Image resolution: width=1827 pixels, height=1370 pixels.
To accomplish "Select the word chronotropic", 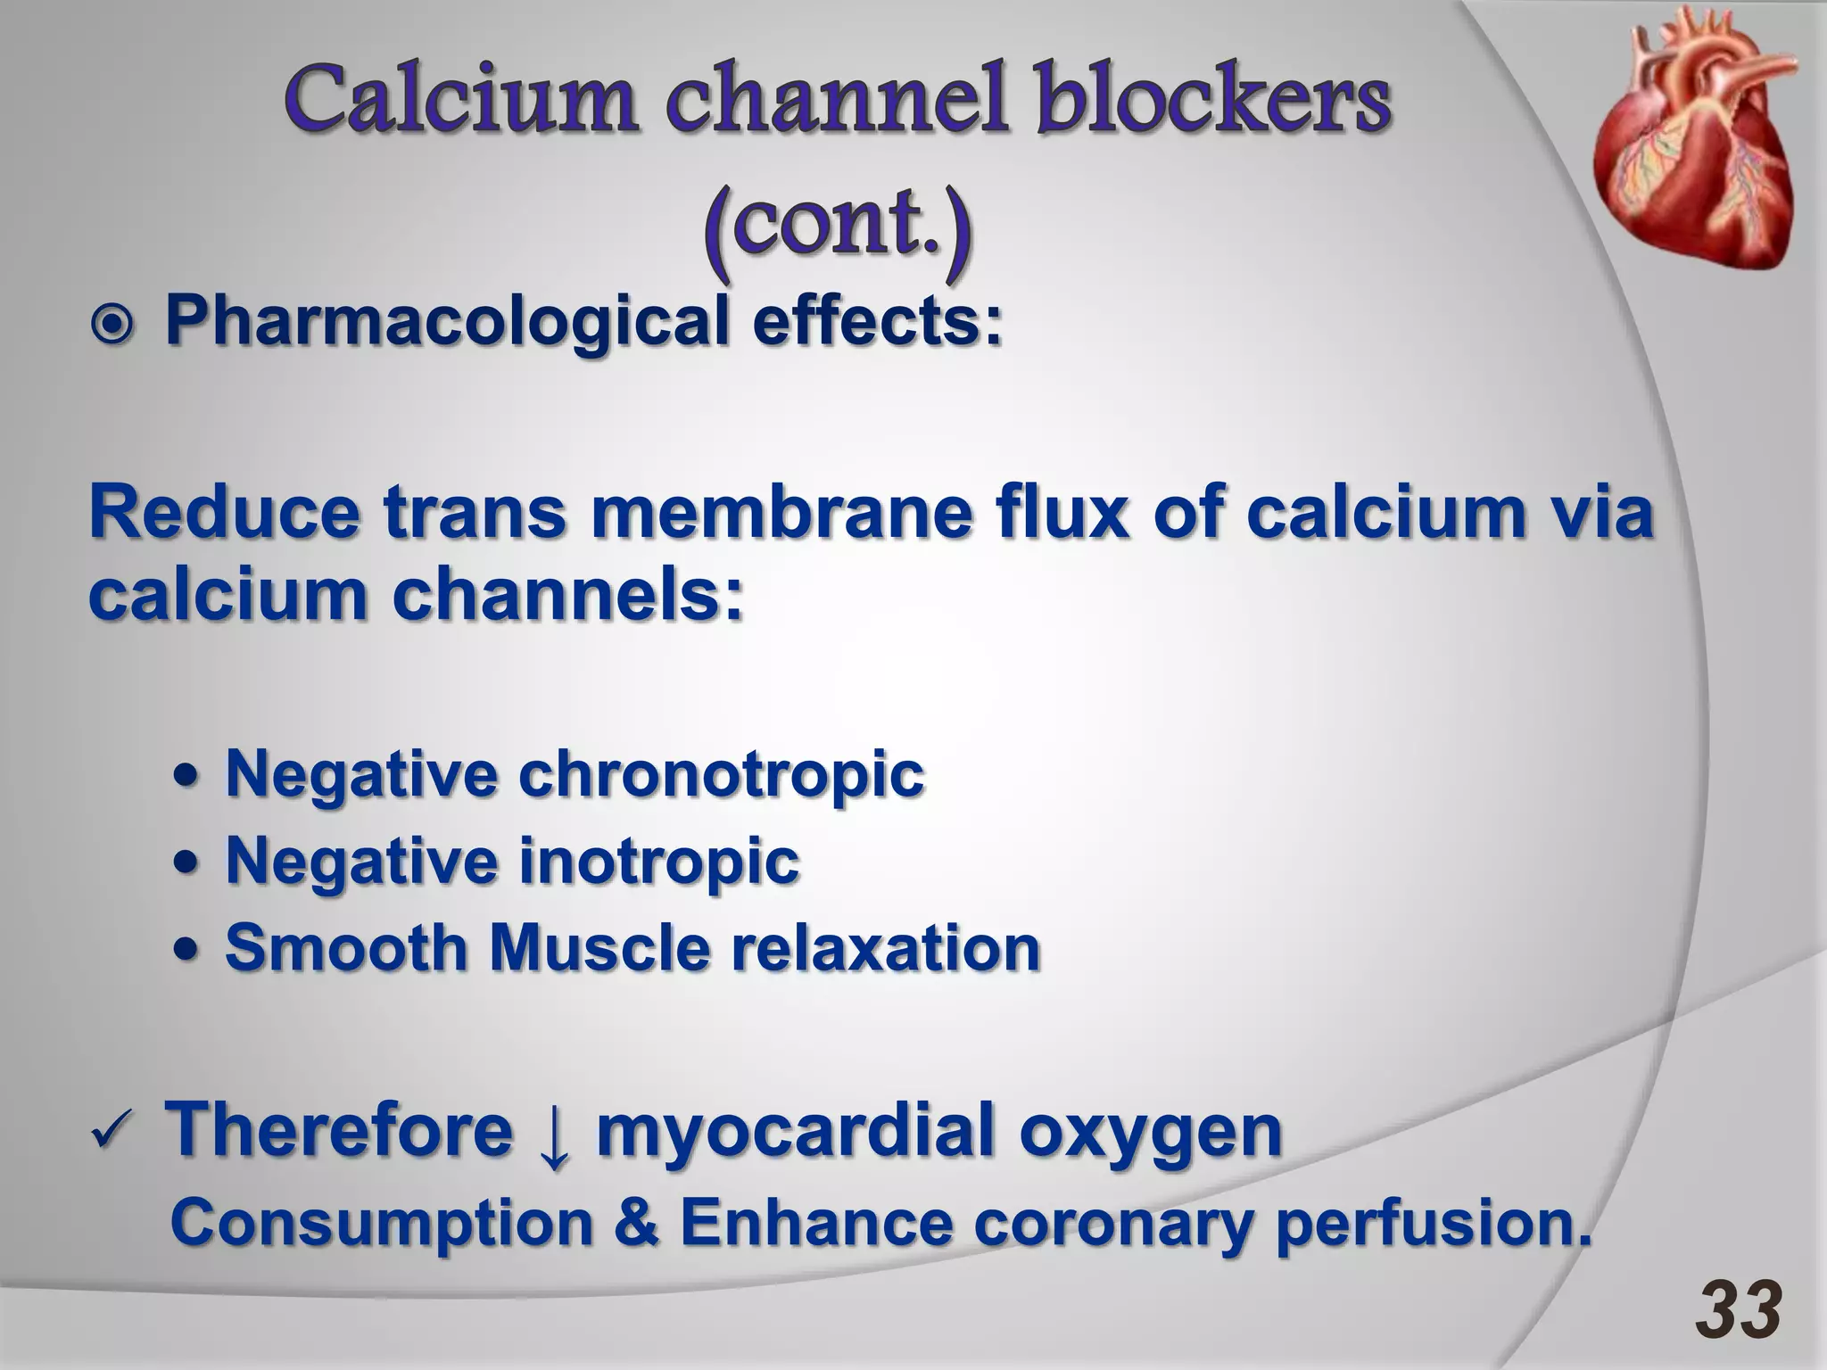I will click(721, 773).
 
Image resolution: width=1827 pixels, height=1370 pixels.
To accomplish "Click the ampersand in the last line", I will click(636, 1224).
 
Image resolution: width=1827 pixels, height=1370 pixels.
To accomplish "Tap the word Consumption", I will click(382, 1226).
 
